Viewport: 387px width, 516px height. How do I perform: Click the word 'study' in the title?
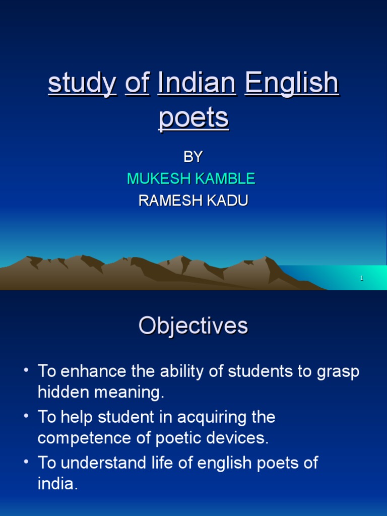(82, 84)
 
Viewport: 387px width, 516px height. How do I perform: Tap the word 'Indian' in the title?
(197, 83)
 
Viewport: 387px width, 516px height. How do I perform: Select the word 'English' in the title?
(291, 83)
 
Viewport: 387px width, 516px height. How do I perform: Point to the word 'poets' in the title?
(193, 118)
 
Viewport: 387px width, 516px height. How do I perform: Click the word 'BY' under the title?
(192, 157)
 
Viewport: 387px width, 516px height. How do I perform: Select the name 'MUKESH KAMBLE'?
(191, 178)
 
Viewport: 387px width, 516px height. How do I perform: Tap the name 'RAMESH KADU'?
(193, 201)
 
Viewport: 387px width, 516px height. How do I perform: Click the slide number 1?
(362, 278)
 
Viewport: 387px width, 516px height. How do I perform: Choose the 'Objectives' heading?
(193, 326)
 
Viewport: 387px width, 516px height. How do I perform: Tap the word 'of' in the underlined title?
(137, 84)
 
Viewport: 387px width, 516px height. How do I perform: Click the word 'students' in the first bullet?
(261, 372)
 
